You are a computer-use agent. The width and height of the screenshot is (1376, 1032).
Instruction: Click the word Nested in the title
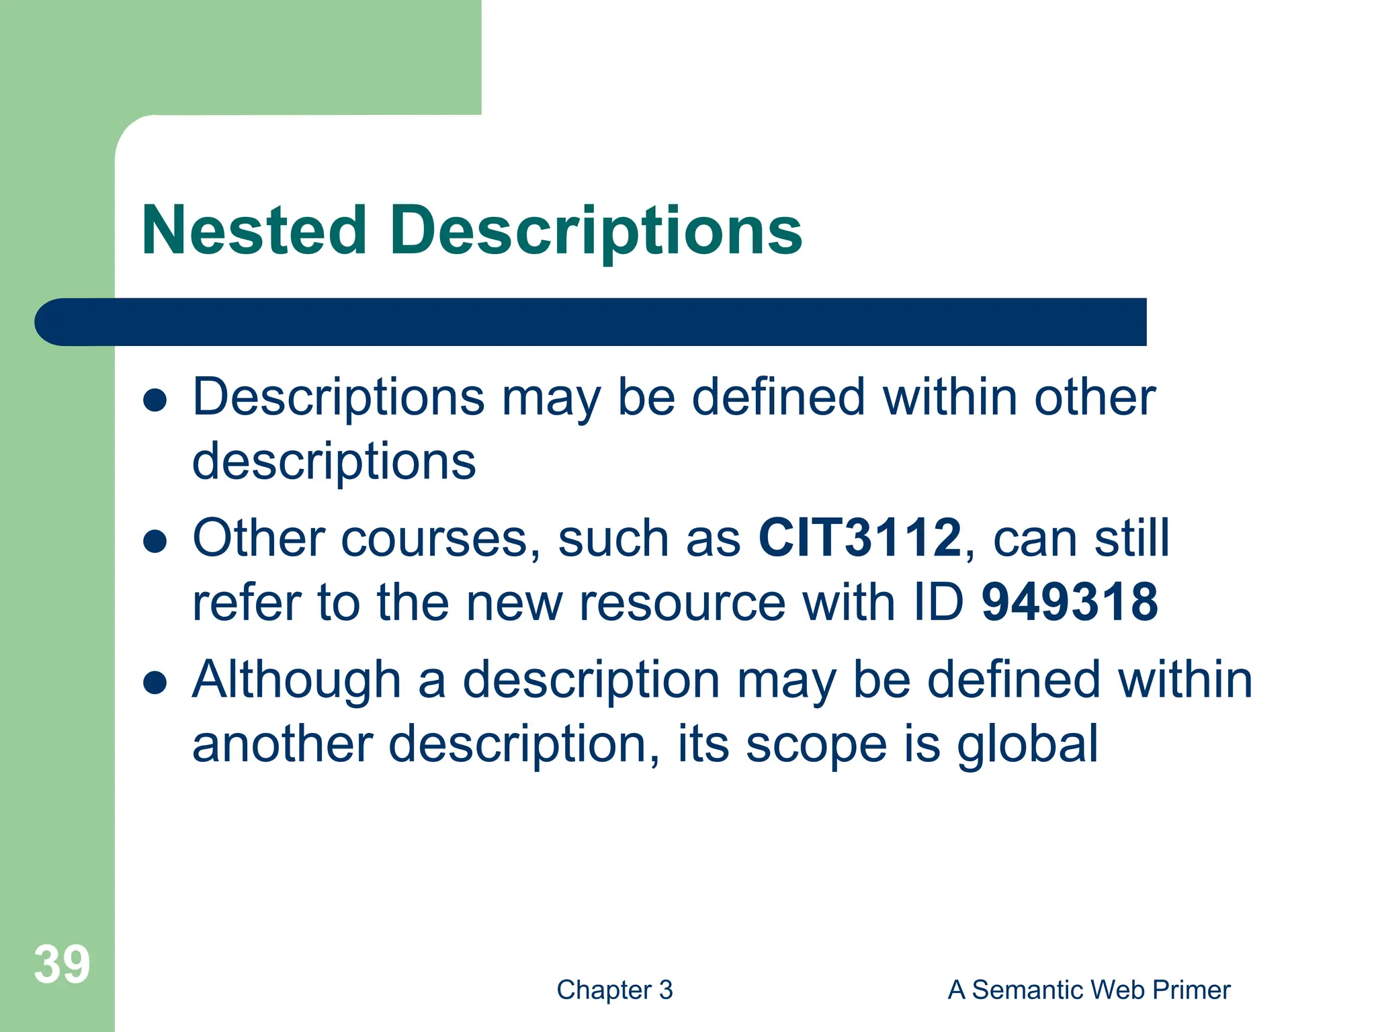coord(254,230)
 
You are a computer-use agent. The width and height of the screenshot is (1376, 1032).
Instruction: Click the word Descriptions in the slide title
coord(595,232)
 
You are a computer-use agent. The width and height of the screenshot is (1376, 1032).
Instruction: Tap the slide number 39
coord(62,965)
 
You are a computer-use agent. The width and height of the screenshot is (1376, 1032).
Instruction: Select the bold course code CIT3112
coord(860,537)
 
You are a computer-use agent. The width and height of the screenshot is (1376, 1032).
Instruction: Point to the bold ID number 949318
coord(1070,602)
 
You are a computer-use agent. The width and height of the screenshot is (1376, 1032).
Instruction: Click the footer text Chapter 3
coord(614,990)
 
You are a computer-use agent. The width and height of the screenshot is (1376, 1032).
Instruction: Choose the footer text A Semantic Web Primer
coord(1088,990)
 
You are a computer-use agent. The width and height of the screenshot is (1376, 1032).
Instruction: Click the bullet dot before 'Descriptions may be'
coord(155,400)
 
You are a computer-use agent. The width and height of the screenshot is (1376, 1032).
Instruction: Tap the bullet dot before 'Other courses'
coord(155,542)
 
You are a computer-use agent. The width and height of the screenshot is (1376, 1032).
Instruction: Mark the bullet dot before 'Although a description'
coord(155,683)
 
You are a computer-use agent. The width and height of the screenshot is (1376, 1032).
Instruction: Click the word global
coord(1027,744)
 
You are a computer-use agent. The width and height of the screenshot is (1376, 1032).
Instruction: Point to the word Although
coord(296,679)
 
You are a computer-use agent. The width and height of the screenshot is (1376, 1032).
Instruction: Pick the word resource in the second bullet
coord(682,602)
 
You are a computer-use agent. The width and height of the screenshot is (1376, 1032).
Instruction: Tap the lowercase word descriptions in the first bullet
coord(334,462)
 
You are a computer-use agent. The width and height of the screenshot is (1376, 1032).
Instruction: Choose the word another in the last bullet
coord(282,744)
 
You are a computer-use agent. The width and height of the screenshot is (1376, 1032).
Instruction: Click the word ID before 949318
coord(938,602)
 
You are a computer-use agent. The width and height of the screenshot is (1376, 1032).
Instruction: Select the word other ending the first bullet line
coord(1094,397)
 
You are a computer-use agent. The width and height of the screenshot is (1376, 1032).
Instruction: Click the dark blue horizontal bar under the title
coord(591,322)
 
